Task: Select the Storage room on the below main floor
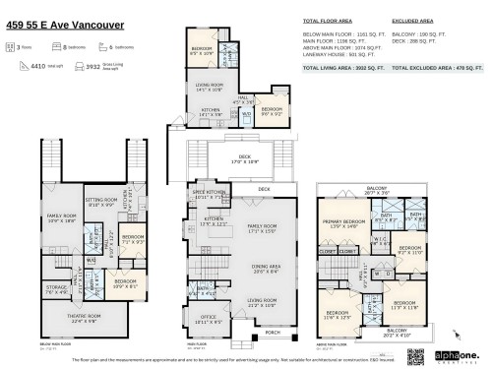pyautogui.click(x=56, y=290)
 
